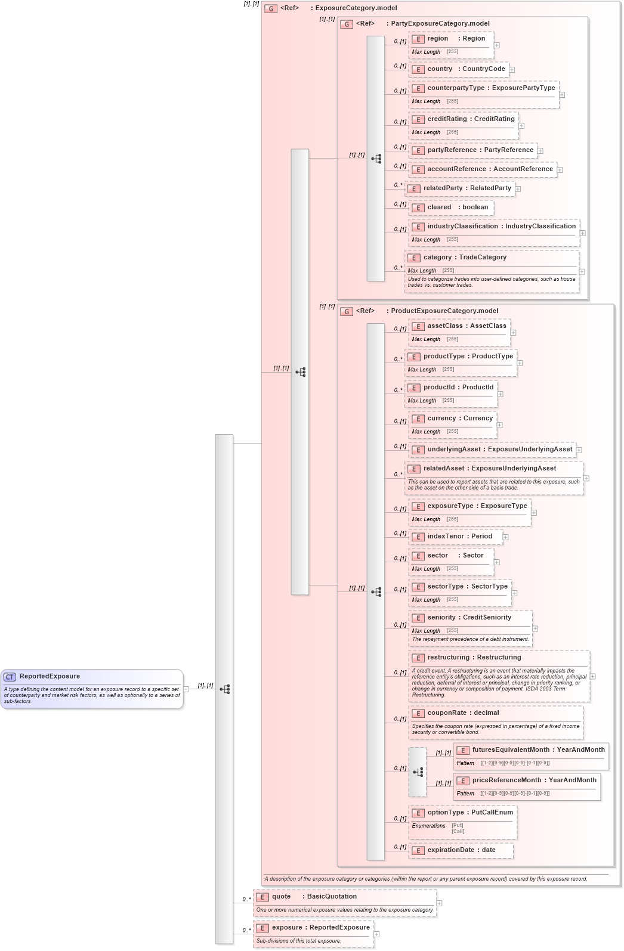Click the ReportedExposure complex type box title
pos(50,676)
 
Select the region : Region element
pos(456,39)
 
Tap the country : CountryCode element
pos(465,69)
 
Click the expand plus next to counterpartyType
pos(562,95)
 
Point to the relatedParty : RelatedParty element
pos(467,188)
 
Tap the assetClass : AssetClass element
pos(466,326)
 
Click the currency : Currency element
pos(459,419)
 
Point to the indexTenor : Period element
pos(459,537)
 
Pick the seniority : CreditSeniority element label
pos(469,618)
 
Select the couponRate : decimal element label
pos(463,713)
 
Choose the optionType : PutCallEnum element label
pos(469,813)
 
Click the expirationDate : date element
pos(461,850)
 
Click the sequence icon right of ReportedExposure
pos(224,689)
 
